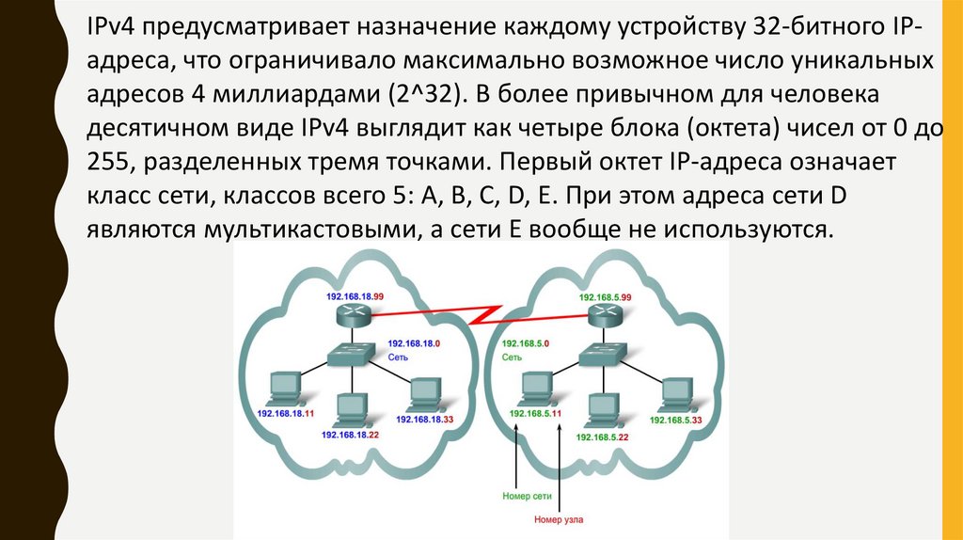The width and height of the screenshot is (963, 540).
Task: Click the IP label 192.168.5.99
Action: click(x=607, y=296)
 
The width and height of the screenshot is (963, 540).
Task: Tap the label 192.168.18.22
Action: click(x=350, y=435)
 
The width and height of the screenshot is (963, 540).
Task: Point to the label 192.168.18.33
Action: click(x=425, y=420)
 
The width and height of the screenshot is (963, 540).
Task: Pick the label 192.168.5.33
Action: click(x=678, y=420)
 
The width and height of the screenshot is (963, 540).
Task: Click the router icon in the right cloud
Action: click(x=603, y=316)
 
